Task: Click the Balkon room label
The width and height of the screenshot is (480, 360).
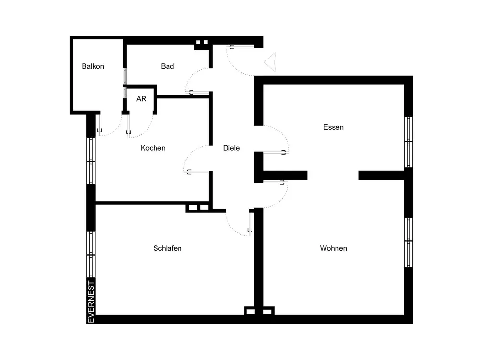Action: [x=93, y=66]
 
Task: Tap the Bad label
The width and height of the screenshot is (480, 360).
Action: [x=168, y=66]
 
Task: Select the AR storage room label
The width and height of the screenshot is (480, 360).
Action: [x=141, y=99]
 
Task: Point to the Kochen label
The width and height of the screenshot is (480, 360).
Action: [x=153, y=148]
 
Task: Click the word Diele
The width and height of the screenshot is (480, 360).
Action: [x=231, y=148]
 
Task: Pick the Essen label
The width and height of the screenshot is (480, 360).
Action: [x=334, y=127]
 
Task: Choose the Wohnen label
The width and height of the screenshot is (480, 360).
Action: [x=334, y=248]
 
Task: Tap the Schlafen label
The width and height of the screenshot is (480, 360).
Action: [x=168, y=248]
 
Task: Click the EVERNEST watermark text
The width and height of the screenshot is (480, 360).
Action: [x=91, y=302]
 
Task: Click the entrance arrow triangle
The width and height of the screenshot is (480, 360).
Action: [x=272, y=62]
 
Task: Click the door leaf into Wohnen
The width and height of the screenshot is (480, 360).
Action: [x=275, y=182]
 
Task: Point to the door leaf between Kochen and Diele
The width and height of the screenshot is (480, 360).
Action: [x=196, y=172]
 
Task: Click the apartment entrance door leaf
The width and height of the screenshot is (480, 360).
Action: [x=242, y=47]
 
